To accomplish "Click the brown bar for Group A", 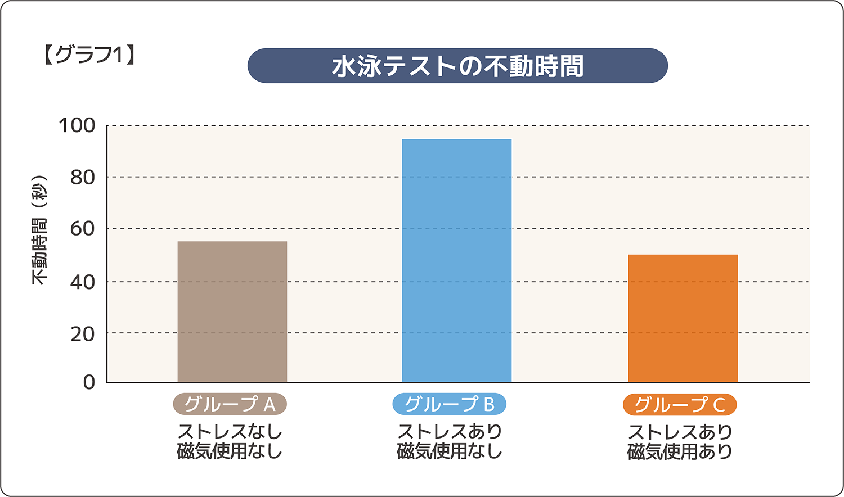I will pyautogui.click(x=232, y=312).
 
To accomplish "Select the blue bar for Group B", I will pyautogui.click(x=456, y=260).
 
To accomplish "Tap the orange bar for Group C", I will pyautogui.click(x=683, y=318).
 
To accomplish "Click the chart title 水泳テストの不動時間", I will pyautogui.click(x=457, y=66).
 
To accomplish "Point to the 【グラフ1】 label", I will pyautogui.click(x=89, y=55).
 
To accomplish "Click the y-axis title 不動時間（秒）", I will pyautogui.click(x=39, y=230).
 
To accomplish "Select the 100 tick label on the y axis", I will pyautogui.click(x=77, y=125).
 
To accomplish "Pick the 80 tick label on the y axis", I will pyautogui.click(x=82, y=177).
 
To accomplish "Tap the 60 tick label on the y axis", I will pyautogui.click(x=82, y=228).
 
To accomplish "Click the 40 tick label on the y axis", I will pyautogui.click(x=82, y=282).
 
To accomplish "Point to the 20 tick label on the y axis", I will pyautogui.click(x=82, y=333).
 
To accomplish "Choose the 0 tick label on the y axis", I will pyautogui.click(x=89, y=382).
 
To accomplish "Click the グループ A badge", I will pyautogui.click(x=230, y=404).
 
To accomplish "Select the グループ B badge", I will pyautogui.click(x=449, y=404).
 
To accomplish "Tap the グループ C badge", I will pyautogui.click(x=680, y=405).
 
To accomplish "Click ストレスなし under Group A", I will pyautogui.click(x=230, y=432).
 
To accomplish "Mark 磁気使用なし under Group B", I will pyautogui.click(x=449, y=451).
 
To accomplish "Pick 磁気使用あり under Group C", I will pyautogui.click(x=680, y=451).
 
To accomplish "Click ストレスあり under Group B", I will pyautogui.click(x=449, y=432).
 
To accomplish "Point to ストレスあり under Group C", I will pyautogui.click(x=680, y=432).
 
